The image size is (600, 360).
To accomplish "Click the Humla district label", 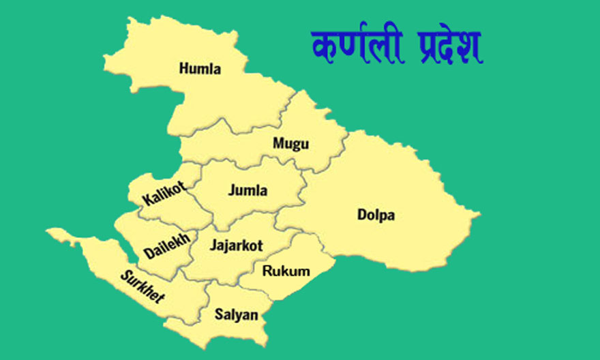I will point(200,69).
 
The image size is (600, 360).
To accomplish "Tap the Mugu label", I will point(290,143).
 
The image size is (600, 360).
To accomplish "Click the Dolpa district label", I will point(376,215).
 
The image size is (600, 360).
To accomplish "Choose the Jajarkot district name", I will point(237,245).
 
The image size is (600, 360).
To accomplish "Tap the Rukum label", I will point(286,271).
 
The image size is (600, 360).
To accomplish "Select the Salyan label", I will point(237,315).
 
